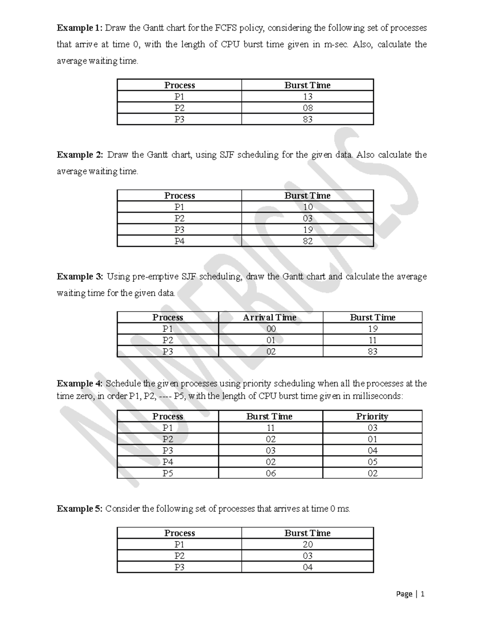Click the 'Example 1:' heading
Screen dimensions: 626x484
pos(80,28)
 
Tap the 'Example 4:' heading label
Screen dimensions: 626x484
pos(80,383)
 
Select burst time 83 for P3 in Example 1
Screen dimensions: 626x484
pos(307,119)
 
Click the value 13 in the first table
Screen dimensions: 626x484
pos(307,97)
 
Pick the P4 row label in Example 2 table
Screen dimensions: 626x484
pos(179,241)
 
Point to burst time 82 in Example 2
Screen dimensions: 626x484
pos(307,241)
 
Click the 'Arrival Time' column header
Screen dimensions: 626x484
pos(270,318)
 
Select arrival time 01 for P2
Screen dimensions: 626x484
pos(271,340)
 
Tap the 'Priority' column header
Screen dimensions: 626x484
pos(372,416)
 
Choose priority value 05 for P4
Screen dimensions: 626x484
pos(372,462)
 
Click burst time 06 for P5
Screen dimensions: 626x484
pos(271,473)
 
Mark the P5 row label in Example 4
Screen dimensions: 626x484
pos(168,473)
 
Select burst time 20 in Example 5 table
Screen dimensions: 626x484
pos(307,545)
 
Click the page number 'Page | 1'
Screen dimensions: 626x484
pos(410,594)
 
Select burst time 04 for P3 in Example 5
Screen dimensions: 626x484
pos(307,567)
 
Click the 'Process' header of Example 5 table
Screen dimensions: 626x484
pos(179,533)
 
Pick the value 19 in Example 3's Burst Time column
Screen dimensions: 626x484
pos(372,329)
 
